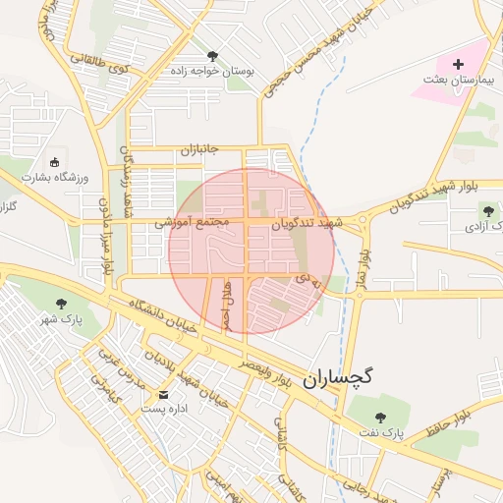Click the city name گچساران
[x=340, y=378]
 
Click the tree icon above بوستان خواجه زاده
[x=213, y=55]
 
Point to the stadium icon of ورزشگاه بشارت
[x=54, y=162]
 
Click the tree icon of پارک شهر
[x=62, y=304]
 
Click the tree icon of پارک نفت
[x=381, y=417]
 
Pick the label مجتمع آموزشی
[x=192, y=223]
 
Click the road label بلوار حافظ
[x=450, y=424]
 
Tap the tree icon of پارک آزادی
[x=488, y=211]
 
